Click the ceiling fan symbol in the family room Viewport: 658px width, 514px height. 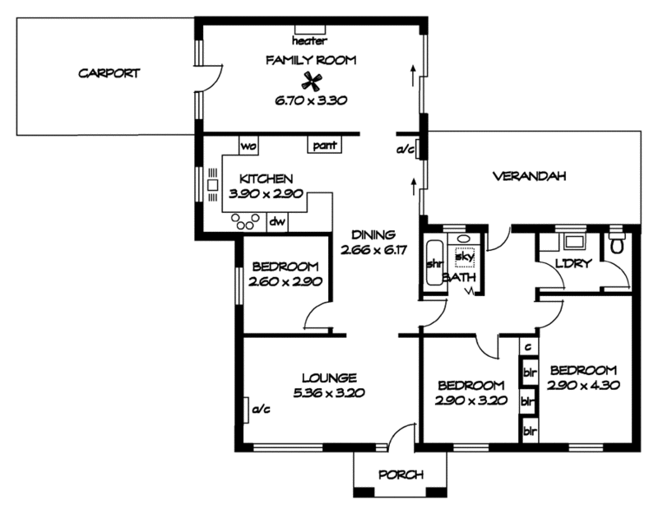coord(311,81)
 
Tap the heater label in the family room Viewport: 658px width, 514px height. coord(310,40)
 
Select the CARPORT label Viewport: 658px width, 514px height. coord(109,73)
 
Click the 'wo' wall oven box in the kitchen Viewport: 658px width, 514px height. coord(248,146)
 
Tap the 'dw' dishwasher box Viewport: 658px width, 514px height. coord(278,221)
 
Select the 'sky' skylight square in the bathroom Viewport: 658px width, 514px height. coord(466,257)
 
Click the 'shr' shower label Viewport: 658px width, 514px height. coord(433,264)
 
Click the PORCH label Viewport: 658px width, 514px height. coord(401,475)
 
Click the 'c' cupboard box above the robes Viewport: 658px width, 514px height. coord(527,348)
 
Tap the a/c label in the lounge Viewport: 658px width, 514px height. coord(262,408)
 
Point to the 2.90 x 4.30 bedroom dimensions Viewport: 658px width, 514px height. coord(583,384)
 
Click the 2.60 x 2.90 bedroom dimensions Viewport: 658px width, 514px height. coord(285,281)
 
